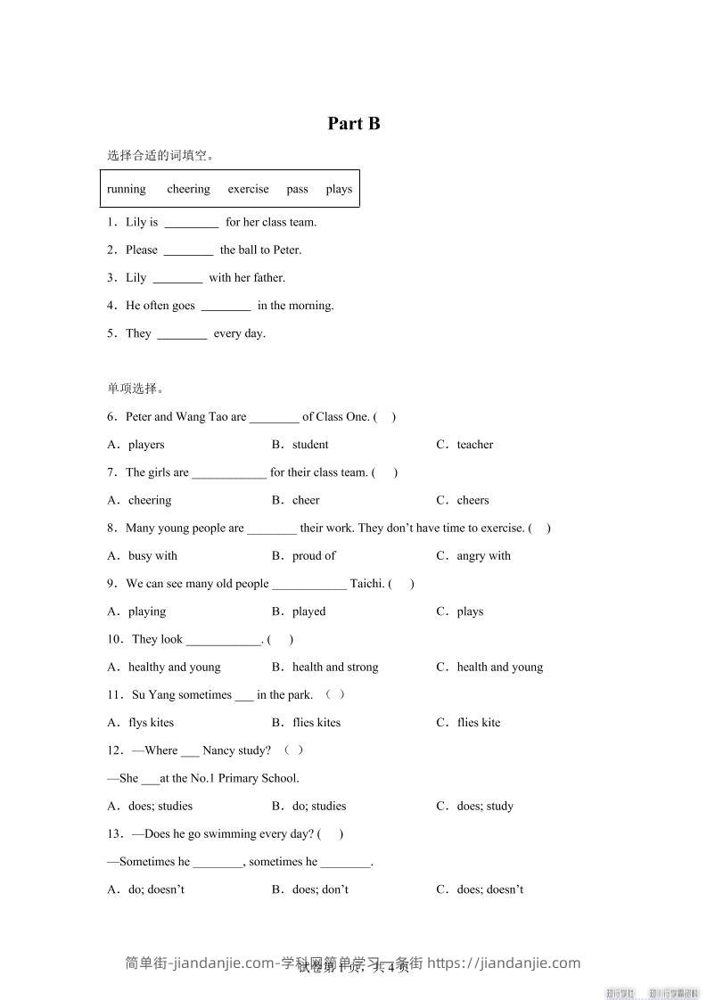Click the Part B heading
pos(354,123)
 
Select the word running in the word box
pos(127,189)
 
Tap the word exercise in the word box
pos(248,189)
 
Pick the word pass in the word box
pos(298,189)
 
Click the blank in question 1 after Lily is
pos(192,223)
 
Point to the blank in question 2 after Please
pos(189,250)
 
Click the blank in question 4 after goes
pos(226,306)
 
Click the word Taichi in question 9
pos(367,584)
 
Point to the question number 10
pos(114,639)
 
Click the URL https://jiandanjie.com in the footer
pos(504,963)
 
